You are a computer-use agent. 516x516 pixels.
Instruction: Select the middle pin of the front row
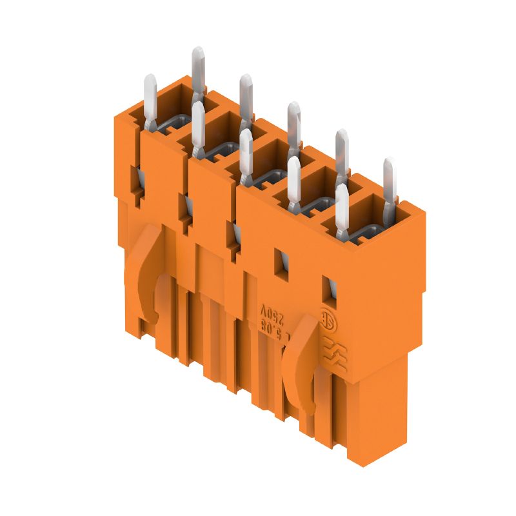(246, 155)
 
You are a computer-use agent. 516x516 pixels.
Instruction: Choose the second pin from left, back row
(245, 97)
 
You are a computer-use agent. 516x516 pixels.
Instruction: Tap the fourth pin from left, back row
(341, 152)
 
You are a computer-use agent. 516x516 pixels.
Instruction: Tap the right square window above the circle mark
(329, 289)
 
